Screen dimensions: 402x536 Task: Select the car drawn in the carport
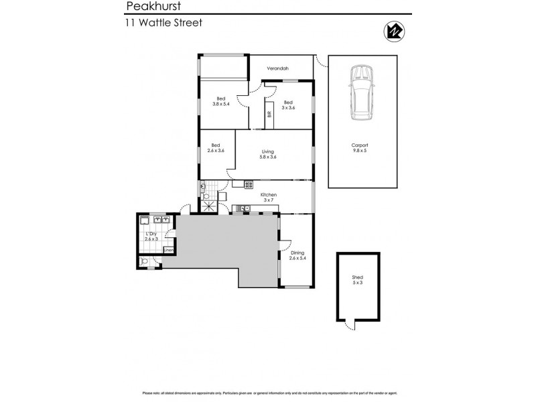(x=361, y=92)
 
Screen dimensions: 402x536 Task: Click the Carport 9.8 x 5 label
(x=360, y=148)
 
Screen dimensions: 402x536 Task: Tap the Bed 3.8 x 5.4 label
(x=221, y=101)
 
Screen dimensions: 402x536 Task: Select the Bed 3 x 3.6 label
(x=288, y=105)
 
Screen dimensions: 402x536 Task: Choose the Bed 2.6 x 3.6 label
(x=216, y=148)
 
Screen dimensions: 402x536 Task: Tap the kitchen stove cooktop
(x=248, y=184)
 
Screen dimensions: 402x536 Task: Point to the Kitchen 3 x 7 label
(x=269, y=197)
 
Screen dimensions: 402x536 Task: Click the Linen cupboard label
(x=168, y=251)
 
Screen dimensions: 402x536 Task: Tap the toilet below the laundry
(x=145, y=261)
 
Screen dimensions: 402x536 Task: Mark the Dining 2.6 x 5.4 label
(x=297, y=255)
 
